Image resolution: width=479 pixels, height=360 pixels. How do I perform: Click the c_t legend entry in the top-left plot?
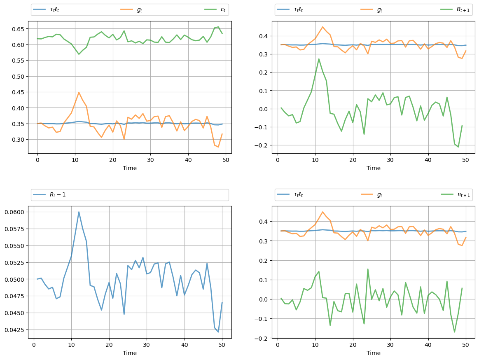click(x=217, y=10)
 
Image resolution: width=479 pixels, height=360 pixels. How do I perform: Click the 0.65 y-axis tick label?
click(x=17, y=29)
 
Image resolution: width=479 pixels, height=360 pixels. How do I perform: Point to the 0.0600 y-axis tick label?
click(x=14, y=212)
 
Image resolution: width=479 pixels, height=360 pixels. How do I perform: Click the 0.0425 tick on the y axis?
click(x=14, y=330)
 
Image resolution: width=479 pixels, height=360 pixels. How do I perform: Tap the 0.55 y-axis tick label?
click(x=17, y=61)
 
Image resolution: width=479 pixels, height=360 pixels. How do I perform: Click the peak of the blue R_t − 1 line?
click(x=79, y=212)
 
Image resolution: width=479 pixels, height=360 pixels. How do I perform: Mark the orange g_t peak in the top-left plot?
click(x=79, y=92)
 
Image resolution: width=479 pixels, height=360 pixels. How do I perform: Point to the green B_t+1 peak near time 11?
click(x=319, y=59)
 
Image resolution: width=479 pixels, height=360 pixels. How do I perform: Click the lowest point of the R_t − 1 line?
click(x=218, y=332)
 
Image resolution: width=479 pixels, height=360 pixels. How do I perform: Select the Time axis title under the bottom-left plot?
click(x=129, y=353)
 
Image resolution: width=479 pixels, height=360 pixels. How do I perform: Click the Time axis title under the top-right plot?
click(x=373, y=168)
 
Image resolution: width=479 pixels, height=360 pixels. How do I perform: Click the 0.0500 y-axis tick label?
click(x=14, y=279)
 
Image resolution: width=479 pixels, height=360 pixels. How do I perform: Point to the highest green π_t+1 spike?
click(x=368, y=269)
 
